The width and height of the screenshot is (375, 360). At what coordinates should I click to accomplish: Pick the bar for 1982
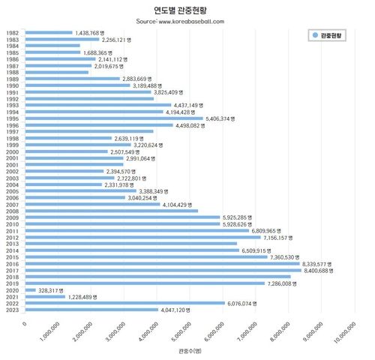(x=49, y=33)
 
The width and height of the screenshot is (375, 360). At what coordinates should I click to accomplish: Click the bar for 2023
(x=91, y=309)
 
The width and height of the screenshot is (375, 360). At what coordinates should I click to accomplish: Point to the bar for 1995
(x=114, y=118)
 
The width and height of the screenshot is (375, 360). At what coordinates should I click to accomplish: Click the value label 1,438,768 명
(x=94, y=33)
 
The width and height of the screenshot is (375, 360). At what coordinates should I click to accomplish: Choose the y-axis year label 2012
(x=12, y=237)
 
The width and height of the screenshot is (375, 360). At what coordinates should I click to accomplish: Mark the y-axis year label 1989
(x=12, y=79)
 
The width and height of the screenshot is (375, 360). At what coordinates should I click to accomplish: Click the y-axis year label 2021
(x=12, y=296)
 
